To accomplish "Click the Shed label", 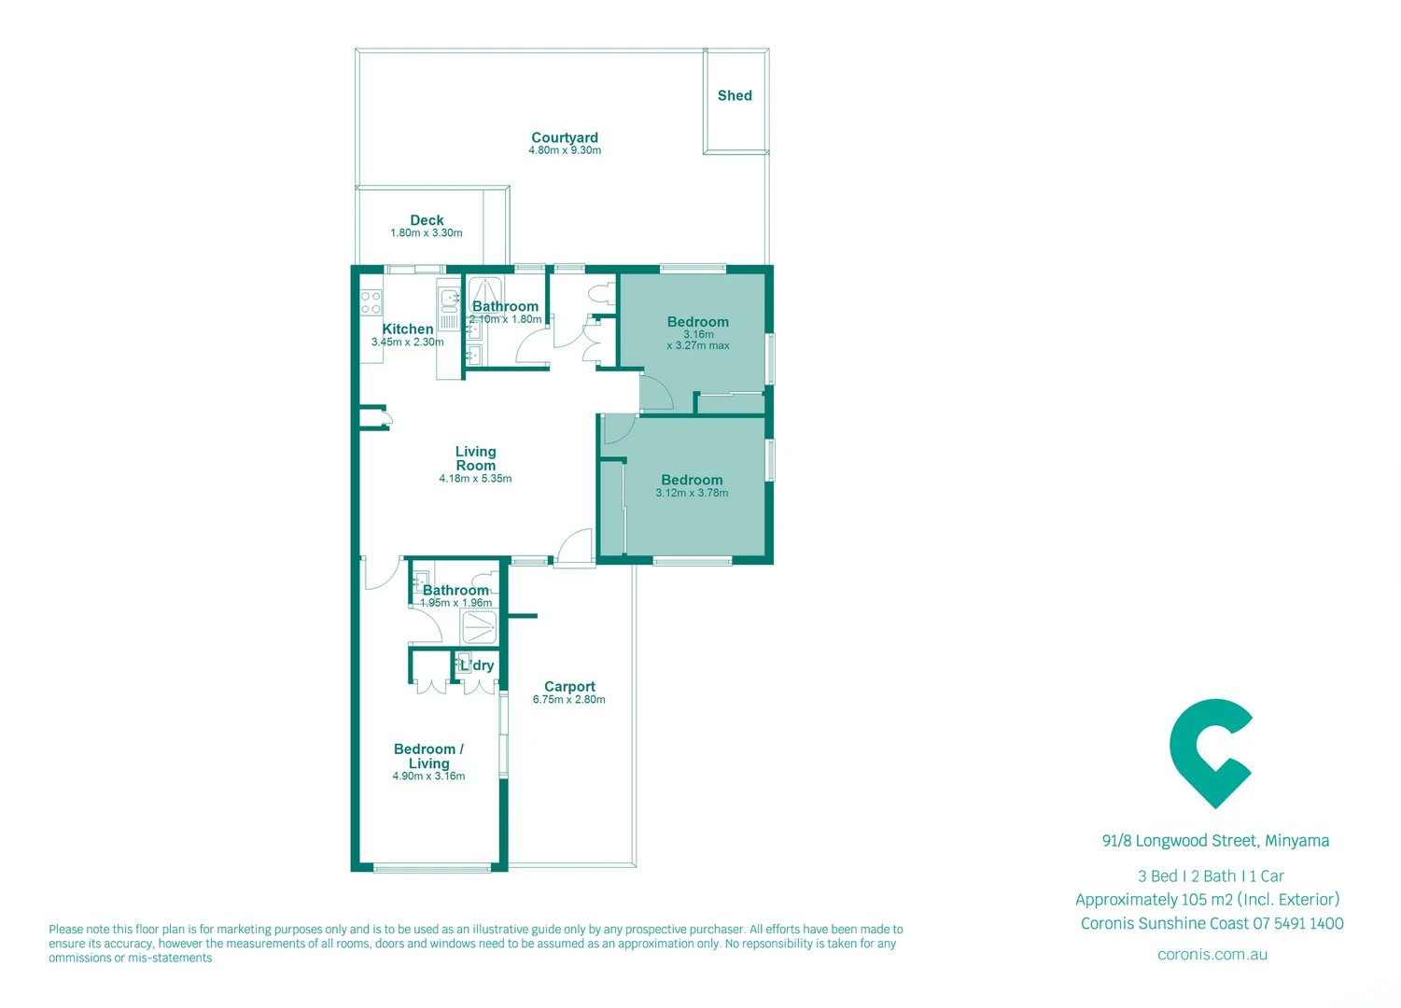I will point(735,95).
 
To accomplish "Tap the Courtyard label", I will point(565,137).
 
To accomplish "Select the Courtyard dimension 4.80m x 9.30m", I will point(565,150).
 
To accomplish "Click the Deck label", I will point(427,220).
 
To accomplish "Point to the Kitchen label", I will point(408,329).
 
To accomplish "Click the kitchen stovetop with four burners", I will point(371,301).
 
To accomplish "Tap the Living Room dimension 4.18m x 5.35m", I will point(475,479).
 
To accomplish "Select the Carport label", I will point(569,686).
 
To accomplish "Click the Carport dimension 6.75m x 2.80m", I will point(569,700).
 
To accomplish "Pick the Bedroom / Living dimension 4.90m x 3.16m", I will point(428,777).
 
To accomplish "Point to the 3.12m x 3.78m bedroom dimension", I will point(692,493).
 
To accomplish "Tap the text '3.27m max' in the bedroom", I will point(698,345).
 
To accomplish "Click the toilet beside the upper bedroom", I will point(600,292).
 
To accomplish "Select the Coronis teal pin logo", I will point(1211,752).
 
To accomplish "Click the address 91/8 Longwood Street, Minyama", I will point(1215,841).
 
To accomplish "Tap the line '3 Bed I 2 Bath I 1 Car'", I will point(1211,876).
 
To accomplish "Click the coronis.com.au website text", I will point(1212,955).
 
